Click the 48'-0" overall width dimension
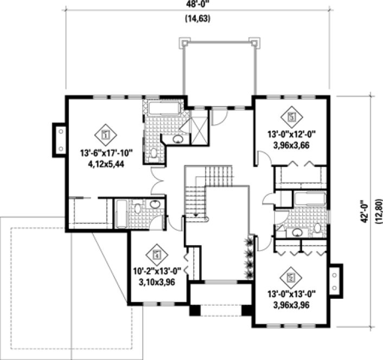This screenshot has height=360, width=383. pyautogui.click(x=197, y=5)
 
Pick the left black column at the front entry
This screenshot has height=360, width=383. pyautogui.click(x=194, y=311)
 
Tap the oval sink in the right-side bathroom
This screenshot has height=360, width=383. pyautogui.click(x=297, y=232)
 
